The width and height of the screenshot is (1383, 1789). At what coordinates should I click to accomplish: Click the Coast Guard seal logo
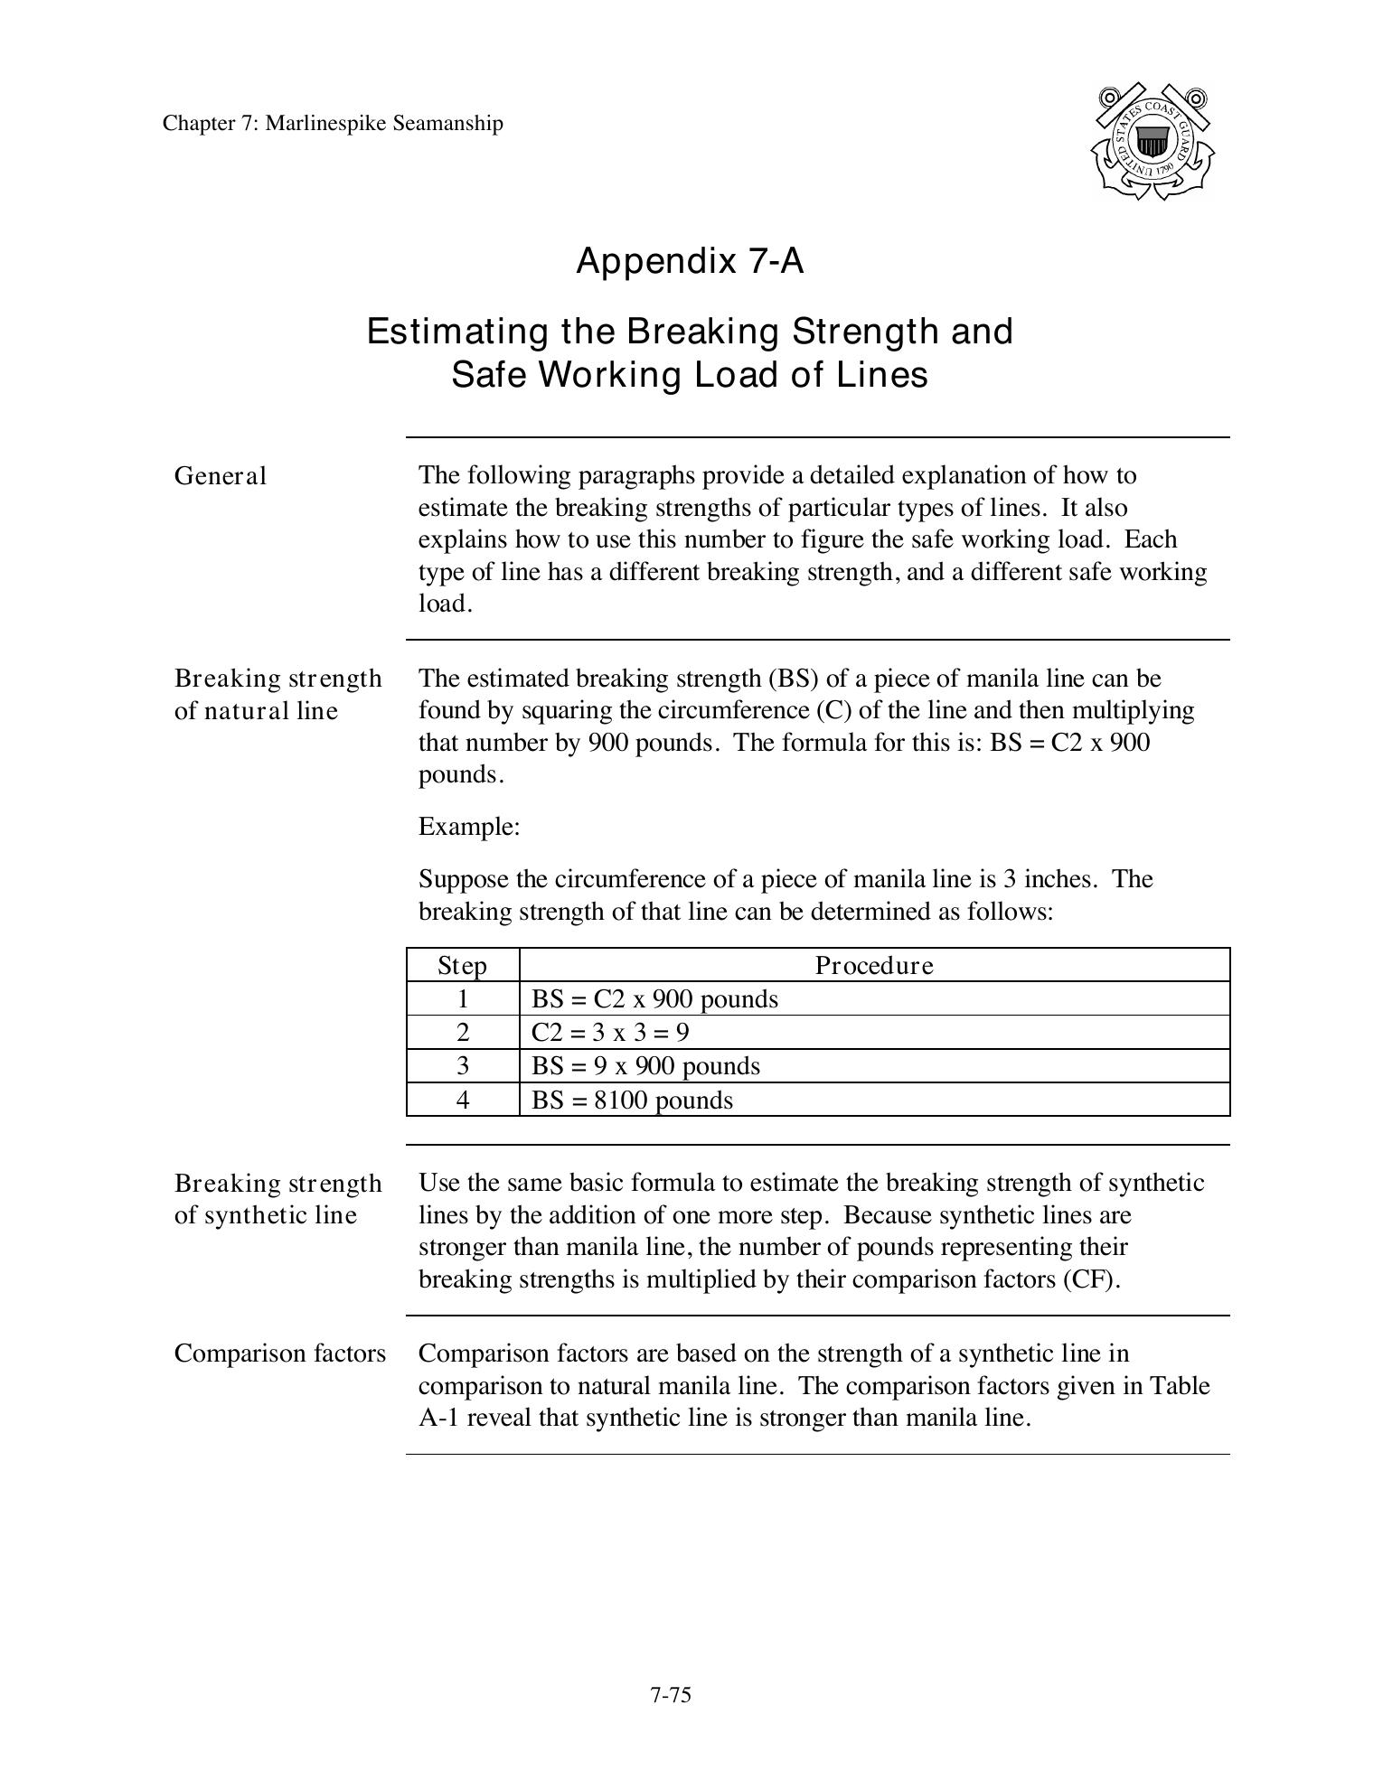(1151, 142)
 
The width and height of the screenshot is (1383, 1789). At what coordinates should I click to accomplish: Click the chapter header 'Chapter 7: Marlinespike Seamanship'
(333, 124)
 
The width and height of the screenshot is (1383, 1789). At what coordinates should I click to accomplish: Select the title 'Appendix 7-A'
(690, 261)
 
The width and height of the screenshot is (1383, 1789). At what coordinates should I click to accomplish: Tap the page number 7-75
(670, 1695)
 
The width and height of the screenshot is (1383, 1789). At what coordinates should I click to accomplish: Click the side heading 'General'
(221, 476)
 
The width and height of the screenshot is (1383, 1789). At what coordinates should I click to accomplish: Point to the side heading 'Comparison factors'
(280, 1353)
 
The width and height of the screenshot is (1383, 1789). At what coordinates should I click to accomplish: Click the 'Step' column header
(462, 966)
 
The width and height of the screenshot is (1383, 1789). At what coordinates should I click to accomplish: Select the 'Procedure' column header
(874, 966)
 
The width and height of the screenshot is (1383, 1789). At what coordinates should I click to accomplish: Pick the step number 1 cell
(463, 999)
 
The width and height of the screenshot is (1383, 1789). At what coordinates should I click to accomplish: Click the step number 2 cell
(463, 1033)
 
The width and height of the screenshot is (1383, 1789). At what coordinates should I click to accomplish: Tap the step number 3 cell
(463, 1066)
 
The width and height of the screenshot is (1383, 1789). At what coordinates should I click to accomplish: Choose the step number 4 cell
(463, 1101)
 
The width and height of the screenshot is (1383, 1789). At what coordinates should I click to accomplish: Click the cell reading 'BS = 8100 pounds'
(632, 1101)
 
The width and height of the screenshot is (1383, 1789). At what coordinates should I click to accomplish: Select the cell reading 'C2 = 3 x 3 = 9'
(610, 1033)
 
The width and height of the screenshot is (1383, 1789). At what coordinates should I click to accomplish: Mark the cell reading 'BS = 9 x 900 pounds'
(645, 1066)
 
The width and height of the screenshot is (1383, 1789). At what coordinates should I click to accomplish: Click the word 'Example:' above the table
(469, 827)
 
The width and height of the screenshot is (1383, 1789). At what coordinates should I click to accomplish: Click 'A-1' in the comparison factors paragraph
(438, 1418)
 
